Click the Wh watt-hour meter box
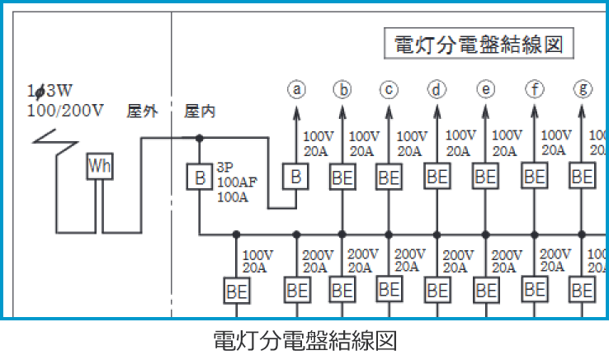[100, 168]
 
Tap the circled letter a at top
[296, 89]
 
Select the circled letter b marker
[342, 89]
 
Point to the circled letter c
[389, 89]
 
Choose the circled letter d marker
[437, 89]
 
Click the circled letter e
[486, 89]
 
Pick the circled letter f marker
[536, 89]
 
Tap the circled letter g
[584, 89]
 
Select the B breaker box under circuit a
[295, 176]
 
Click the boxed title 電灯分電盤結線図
[479, 45]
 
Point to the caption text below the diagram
[305, 340]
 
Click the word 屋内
[200, 111]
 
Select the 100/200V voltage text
[65, 111]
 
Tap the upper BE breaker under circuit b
[342, 176]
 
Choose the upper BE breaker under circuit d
[437, 176]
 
